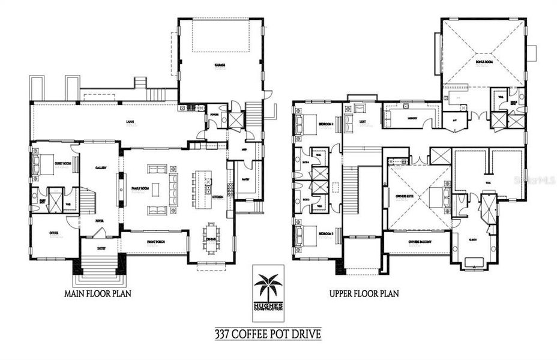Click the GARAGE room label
(220, 65)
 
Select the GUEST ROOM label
(63, 163)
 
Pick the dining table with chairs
(212, 233)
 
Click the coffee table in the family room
(156, 190)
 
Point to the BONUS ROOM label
(484, 61)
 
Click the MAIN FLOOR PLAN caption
(98, 293)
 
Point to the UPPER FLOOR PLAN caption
(364, 294)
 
